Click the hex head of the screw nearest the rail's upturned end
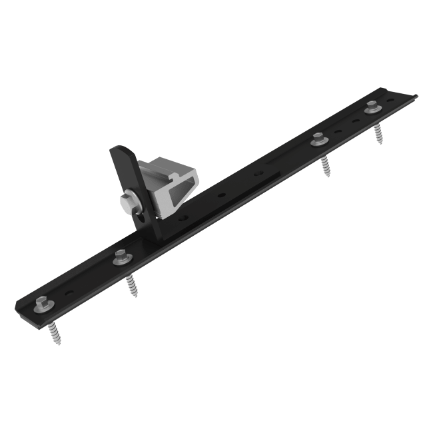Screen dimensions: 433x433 [370, 105]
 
